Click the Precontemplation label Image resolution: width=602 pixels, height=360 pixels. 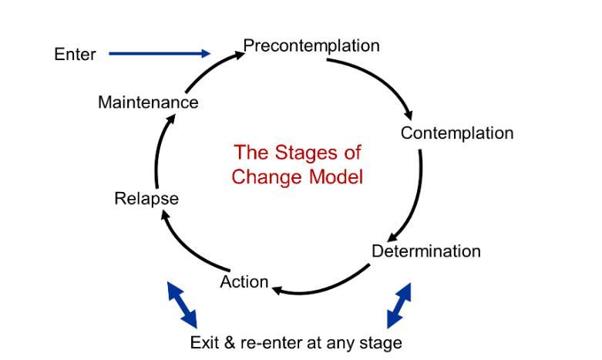311,46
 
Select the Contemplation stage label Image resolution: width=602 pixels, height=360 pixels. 456,133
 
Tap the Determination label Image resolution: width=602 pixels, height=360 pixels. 425,251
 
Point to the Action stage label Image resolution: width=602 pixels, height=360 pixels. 244,282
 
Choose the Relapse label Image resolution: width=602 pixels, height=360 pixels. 146,199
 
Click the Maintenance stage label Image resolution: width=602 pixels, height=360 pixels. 148,103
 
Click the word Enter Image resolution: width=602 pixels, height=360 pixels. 75,55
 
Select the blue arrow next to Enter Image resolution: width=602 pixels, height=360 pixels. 159,54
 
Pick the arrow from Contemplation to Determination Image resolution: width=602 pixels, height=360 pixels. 415,197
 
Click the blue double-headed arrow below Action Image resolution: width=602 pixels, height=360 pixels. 182,304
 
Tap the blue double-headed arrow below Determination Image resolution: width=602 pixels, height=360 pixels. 399,305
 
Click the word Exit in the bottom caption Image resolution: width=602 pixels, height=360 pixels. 204,342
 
